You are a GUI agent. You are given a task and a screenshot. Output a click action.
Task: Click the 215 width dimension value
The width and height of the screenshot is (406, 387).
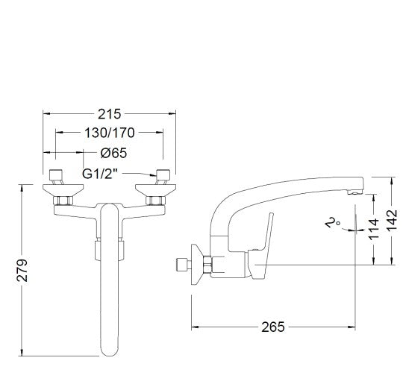click(109, 114)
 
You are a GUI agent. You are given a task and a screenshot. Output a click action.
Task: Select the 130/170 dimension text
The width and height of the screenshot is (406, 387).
click(110, 133)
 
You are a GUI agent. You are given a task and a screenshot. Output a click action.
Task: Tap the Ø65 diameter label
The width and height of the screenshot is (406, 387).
click(113, 153)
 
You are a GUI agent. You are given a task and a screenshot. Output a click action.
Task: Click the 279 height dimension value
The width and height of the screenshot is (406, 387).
click(22, 270)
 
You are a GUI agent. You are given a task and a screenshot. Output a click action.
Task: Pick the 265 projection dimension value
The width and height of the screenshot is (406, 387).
click(273, 327)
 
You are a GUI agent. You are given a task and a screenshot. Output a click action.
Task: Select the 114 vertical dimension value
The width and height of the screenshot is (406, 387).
click(374, 229)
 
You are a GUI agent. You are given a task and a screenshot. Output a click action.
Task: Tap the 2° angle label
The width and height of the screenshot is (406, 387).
click(333, 222)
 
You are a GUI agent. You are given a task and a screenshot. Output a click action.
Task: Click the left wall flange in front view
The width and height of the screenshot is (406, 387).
click(63, 190)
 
